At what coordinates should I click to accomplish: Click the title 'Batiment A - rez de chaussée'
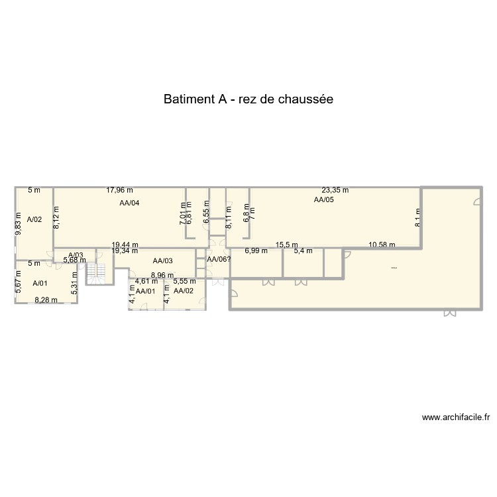point(248,99)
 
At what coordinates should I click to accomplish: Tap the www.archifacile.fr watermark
point(455,417)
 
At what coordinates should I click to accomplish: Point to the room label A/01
point(40,283)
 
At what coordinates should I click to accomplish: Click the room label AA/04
point(129,203)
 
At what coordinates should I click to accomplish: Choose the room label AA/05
point(323,199)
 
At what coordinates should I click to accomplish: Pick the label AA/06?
point(219,260)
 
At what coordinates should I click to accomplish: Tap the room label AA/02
point(184,291)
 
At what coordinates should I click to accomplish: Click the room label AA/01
point(145,291)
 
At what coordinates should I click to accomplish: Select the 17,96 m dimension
point(120,190)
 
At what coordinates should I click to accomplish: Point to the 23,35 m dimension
point(335,190)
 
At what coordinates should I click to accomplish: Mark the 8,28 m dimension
point(46,300)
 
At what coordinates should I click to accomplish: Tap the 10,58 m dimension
point(382,245)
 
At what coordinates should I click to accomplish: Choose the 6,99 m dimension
point(256,250)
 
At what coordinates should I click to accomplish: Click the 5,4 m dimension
point(303,250)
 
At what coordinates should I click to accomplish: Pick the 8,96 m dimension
point(162,275)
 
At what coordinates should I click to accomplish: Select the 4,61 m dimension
point(146,282)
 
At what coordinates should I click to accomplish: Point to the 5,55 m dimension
point(184,282)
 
